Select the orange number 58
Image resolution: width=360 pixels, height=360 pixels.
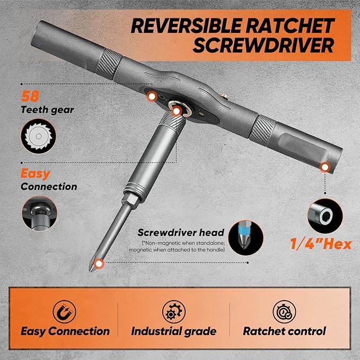coord(29,98)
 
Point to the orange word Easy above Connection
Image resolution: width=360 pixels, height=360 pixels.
coord(36,174)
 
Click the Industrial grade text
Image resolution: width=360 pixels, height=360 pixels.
coord(174,331)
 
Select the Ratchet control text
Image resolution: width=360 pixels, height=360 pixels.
coord(284,331)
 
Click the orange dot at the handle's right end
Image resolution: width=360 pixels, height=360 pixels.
coord(323,168)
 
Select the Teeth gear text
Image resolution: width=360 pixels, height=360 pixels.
coord(47,110)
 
